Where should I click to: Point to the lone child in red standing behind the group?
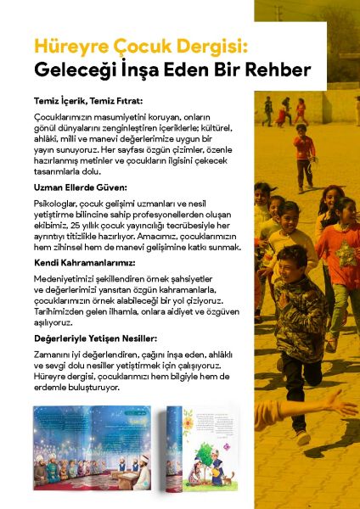click(x=303, y=153)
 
